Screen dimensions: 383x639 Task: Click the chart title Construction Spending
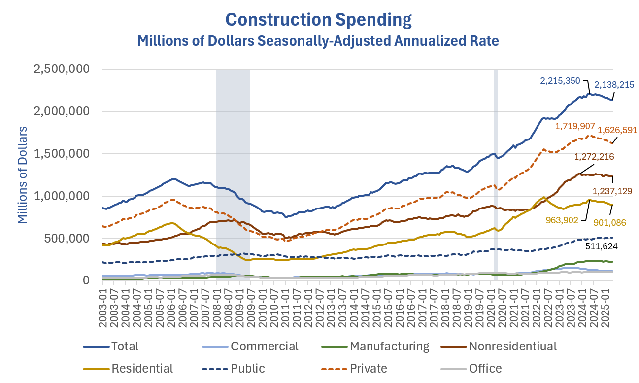point(318,19)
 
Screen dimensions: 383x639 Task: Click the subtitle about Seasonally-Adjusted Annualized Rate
point(318,40)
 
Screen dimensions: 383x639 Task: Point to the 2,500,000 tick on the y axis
point(61,70)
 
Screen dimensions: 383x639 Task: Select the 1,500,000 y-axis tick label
point(61,154)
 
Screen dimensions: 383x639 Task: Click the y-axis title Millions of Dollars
point(23,175)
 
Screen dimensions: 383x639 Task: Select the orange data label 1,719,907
point(575,126)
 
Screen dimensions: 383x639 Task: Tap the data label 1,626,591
point(617,131)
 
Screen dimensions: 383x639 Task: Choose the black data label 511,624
point(605,244)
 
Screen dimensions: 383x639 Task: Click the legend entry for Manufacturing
point(389,346)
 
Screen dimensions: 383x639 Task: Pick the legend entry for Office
point(485,368)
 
